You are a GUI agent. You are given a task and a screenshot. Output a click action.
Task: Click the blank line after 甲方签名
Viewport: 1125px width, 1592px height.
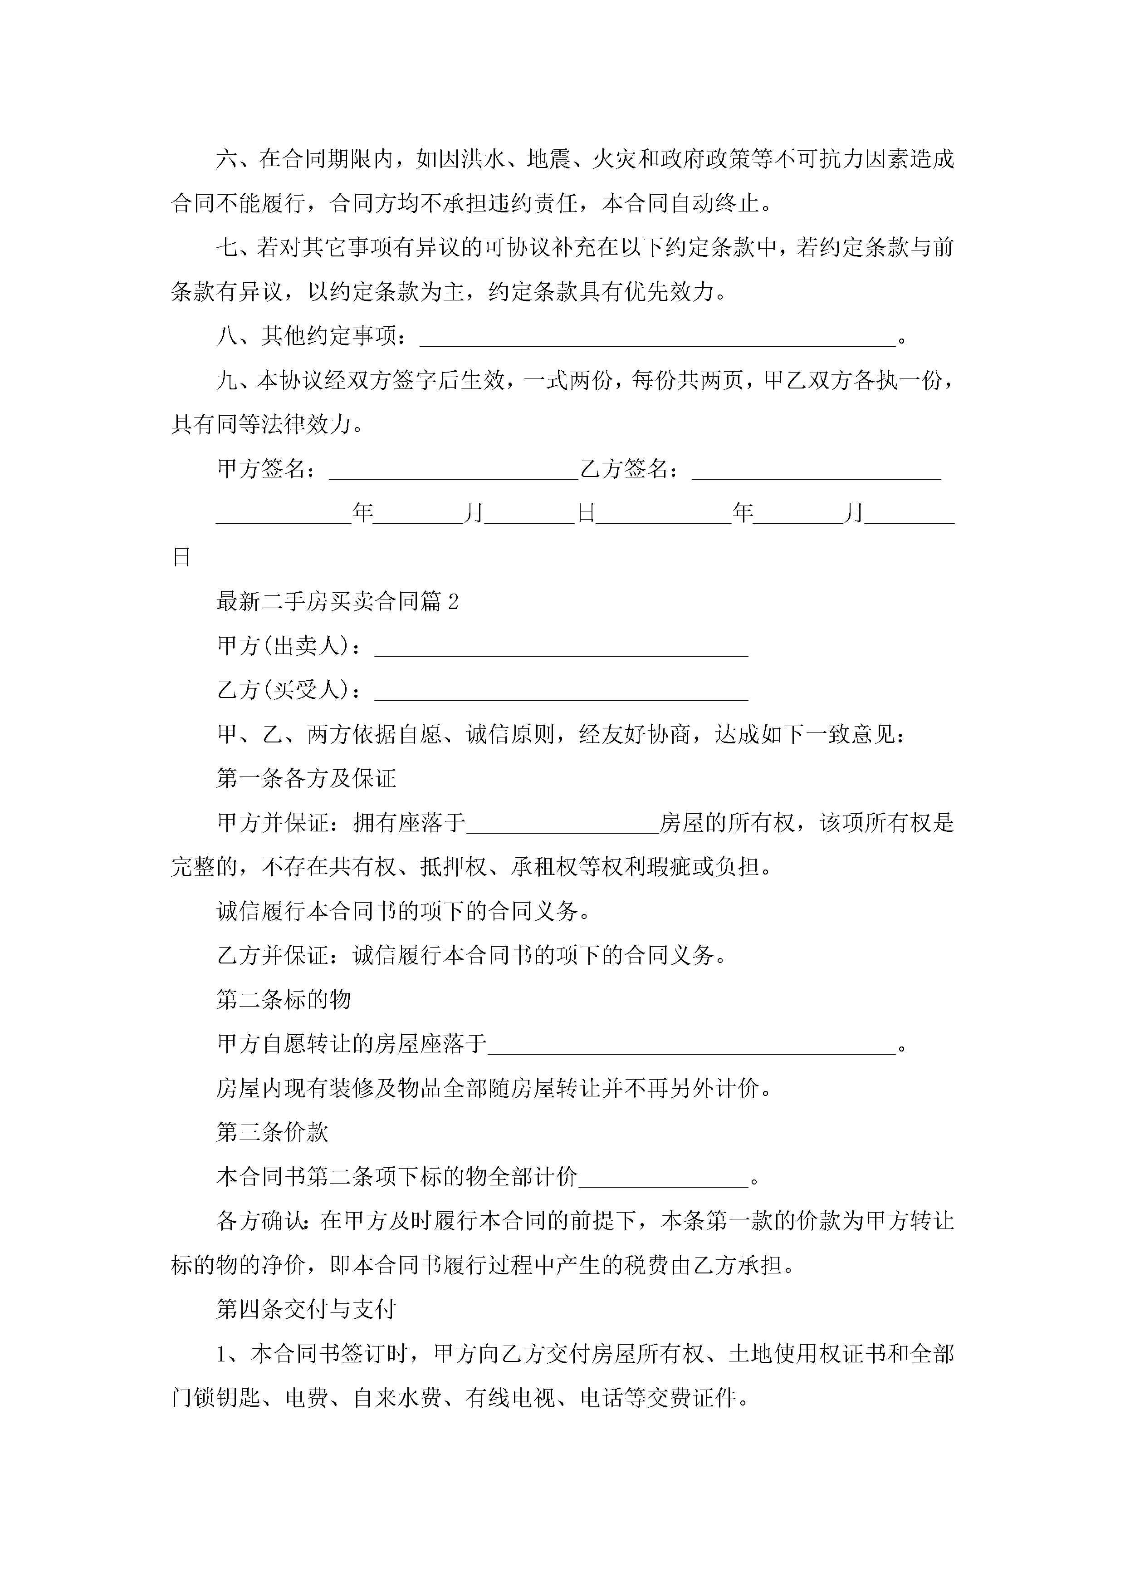click(453, 470)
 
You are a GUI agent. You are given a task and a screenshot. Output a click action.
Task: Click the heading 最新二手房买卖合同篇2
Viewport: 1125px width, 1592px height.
click(337, 602)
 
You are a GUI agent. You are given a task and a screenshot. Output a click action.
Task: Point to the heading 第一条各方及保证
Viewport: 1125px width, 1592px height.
click(306, 779)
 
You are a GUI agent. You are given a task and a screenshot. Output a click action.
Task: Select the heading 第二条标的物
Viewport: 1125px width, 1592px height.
click(284, 1000)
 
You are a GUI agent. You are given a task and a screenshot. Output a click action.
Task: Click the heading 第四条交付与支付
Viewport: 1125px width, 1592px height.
click(306, 1310)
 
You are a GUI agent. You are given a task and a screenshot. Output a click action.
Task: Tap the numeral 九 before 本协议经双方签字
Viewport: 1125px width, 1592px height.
click(227, 381)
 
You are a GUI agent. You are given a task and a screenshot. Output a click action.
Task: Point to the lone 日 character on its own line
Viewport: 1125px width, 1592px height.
click(181, 557)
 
